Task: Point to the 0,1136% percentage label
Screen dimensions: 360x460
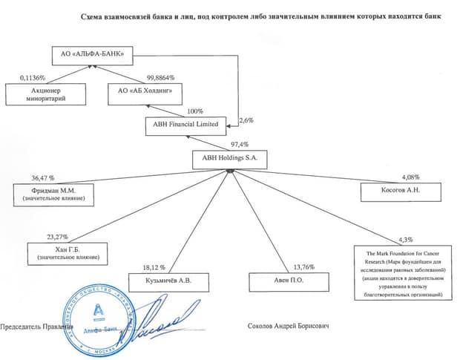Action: click(x=34, y=78)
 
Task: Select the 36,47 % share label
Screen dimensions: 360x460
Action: click(x=44, y=178)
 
